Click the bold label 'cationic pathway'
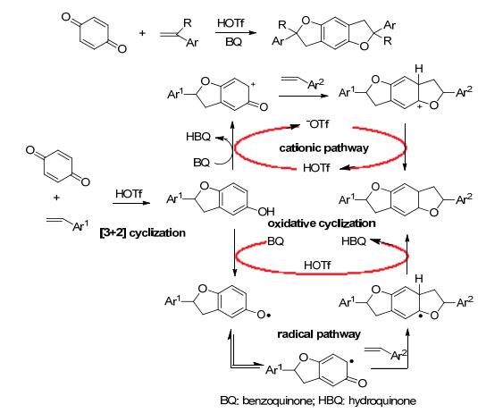coord(323,148)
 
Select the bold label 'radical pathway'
coord(319,334)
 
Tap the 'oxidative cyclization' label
coord(322,223)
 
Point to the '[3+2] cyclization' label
coord(143,233)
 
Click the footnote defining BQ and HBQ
coord(318,400)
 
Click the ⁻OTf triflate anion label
coord(318,124)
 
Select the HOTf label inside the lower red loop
coord(317,265)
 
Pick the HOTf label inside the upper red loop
coord(316,168)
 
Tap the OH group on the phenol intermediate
coord(266,211)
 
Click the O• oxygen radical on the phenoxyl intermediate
coord(264,315)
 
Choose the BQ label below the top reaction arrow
coord(233,42)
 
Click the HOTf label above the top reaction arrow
coord(231,23)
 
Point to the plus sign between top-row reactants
coord(142,33)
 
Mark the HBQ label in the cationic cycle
coord(198,137)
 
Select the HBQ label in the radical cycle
coord(354,241)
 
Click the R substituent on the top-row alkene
coord(188,23)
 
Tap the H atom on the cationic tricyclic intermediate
coord(419,69)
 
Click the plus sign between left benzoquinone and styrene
coord(56,198)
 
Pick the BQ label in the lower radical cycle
coord(275,241)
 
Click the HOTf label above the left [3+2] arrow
coord(129,194)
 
